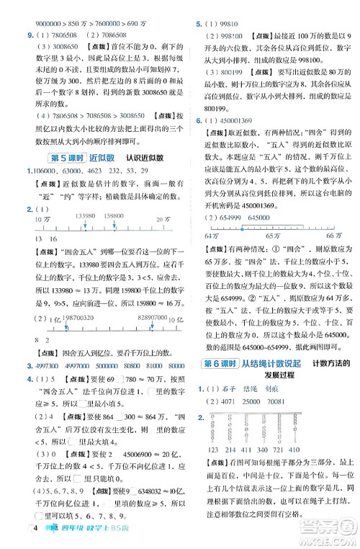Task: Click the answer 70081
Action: pos(288,401)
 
